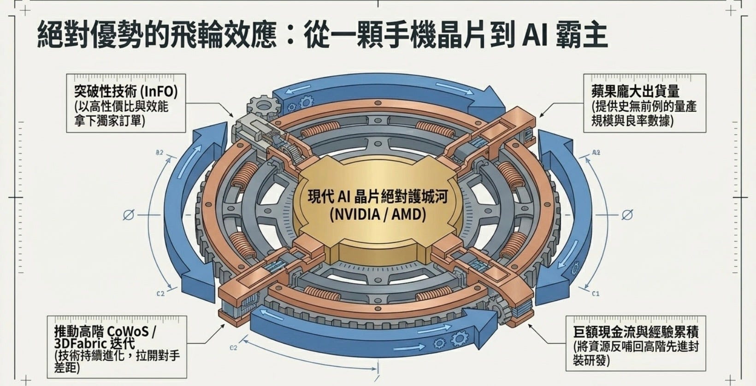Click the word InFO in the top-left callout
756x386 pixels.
158,91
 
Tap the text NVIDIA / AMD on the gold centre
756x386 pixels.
378,214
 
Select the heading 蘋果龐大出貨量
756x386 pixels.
635,91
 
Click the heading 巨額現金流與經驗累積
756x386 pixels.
636,332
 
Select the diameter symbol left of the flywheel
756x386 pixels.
128,215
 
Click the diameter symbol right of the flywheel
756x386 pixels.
627,215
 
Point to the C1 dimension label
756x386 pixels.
596,294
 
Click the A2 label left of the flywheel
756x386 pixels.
159,153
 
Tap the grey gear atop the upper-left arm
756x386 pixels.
264,107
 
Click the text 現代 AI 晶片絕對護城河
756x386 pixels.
378,196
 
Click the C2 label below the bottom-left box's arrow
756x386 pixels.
233,348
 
